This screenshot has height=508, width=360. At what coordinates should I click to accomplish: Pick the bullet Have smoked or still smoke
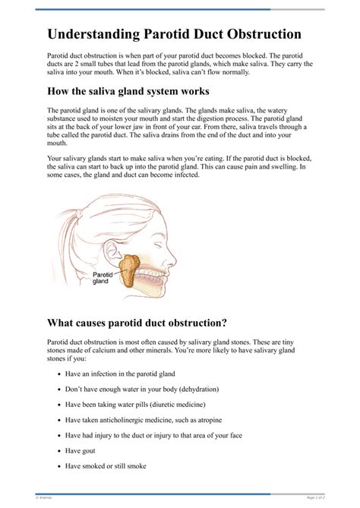point(106,466)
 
